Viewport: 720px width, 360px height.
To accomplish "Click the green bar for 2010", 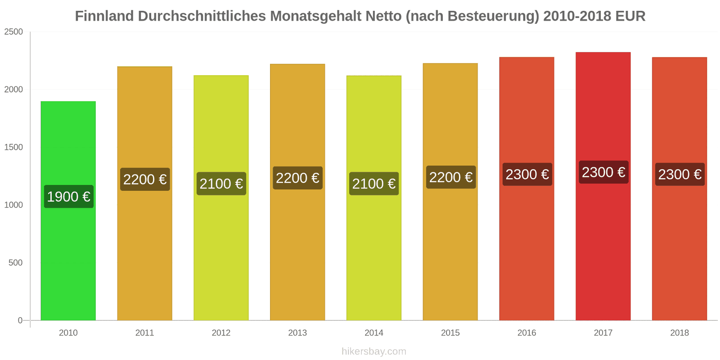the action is pos(68,211).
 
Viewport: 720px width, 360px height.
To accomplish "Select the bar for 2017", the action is pos(603,186).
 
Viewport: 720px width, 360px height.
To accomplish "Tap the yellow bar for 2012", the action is pos(221,198).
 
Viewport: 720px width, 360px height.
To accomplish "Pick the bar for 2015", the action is pos(450,192).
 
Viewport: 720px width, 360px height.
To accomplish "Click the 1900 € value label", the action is pos(69,196).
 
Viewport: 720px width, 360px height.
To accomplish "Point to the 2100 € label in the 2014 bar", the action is pos(374,184).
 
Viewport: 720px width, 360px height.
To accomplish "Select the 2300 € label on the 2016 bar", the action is pos(527,174).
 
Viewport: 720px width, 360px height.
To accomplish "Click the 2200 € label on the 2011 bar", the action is pos(145,179).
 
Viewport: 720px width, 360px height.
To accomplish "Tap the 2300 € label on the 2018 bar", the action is pos(680,174).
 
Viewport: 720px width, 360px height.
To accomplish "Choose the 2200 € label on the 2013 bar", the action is pos(297,178).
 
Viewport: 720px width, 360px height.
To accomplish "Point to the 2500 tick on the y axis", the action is pos(13,32).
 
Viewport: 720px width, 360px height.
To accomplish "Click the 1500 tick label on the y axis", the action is pos(13,147).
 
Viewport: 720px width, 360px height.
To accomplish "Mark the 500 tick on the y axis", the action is pos(15,263).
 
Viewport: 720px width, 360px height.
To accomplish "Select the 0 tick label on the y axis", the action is pos(20,320).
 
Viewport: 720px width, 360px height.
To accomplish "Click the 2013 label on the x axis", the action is pos(297,333).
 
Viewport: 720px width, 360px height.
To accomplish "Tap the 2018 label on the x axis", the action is pos(679,333).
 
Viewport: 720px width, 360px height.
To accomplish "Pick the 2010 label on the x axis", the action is pos(68,333).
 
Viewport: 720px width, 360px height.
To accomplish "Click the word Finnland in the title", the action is pos(104,16).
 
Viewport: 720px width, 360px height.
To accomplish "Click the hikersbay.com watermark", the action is pos(374,351).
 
